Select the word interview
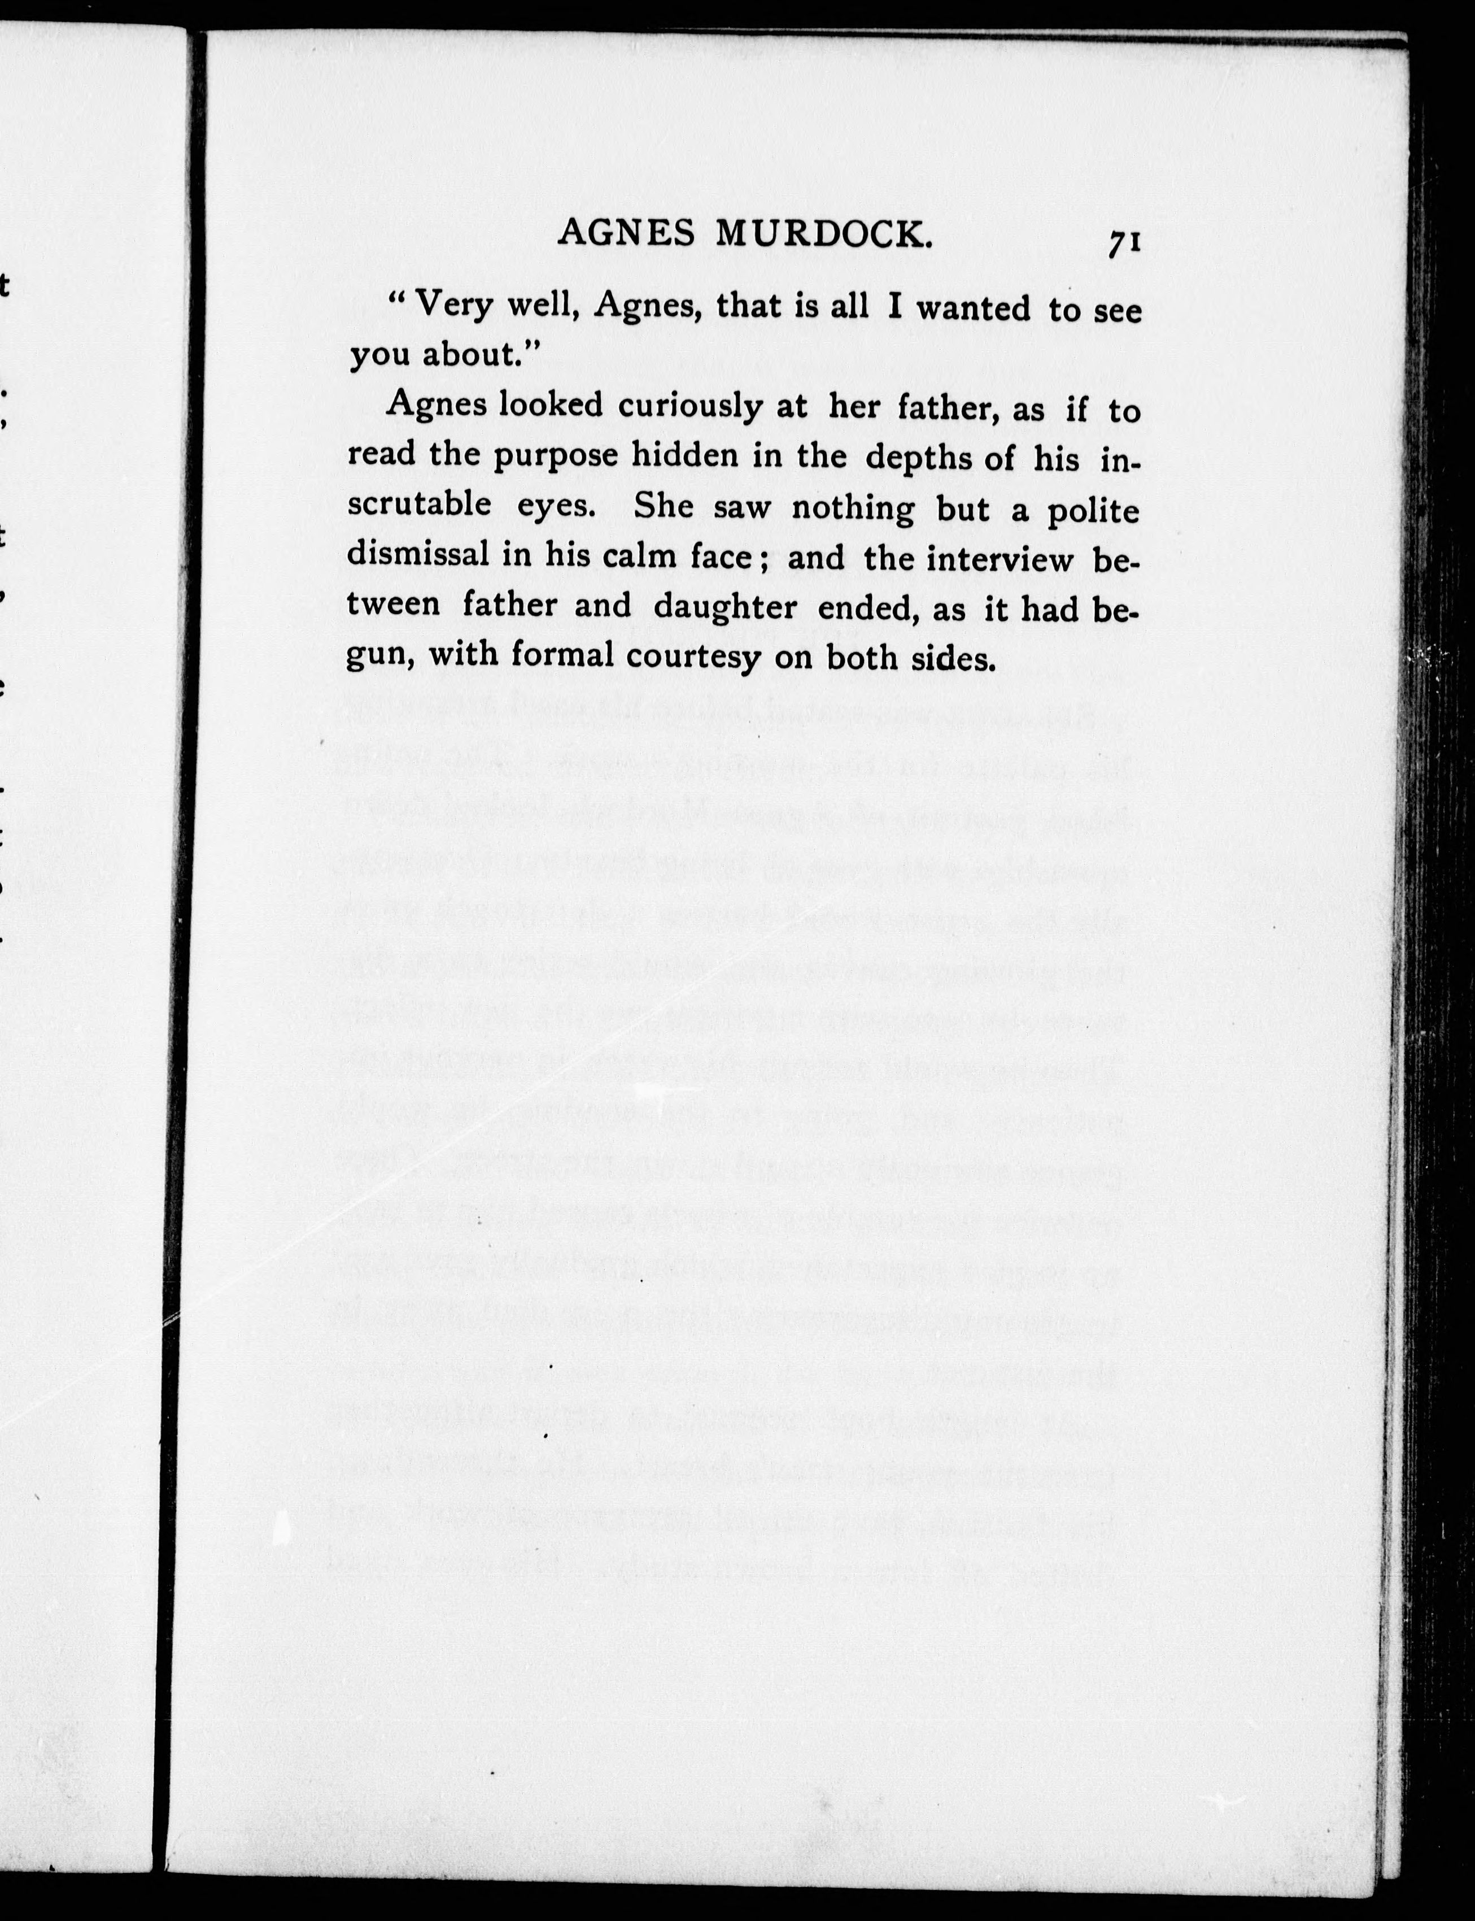tap(1000, 559)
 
